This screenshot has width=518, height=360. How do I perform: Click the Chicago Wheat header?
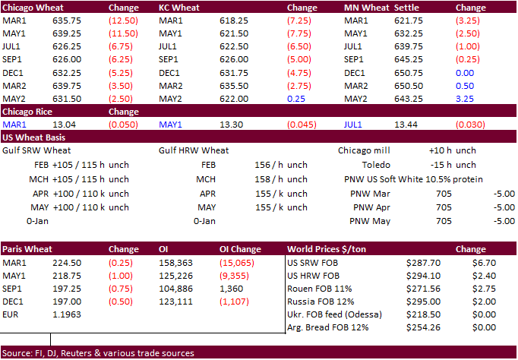coord(31,8)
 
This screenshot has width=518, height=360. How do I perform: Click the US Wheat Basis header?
coord(33,137)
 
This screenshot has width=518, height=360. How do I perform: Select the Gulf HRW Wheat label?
coord(194,150)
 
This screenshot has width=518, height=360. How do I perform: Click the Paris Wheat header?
coord(27,248)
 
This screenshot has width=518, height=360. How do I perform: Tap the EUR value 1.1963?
coord(65,313)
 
